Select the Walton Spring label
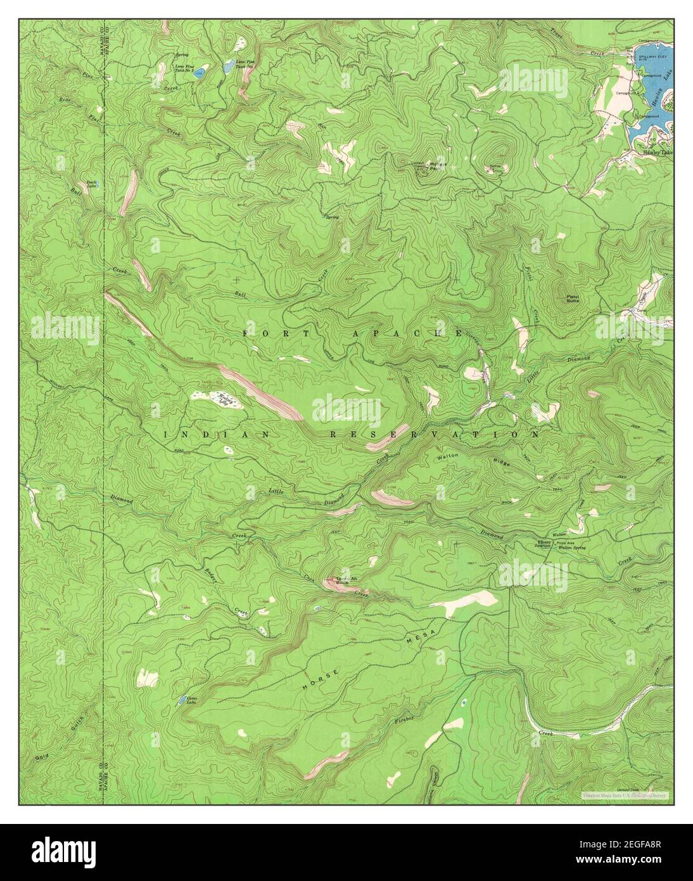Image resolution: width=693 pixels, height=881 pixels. click(x=570, y=548)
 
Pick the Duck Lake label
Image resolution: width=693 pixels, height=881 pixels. click(x=92, y=184)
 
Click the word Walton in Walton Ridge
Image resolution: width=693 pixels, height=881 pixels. click(x=447, y=456)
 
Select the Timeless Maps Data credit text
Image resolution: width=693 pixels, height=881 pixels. click(x=624, y=795)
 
